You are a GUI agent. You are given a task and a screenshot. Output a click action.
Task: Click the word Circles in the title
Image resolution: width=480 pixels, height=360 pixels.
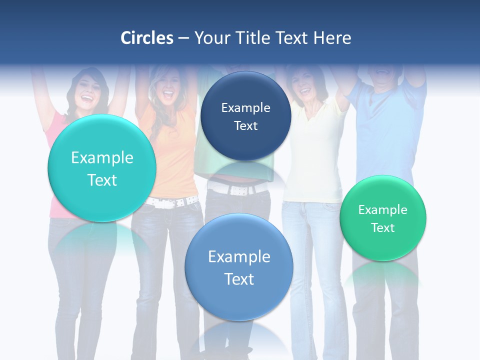(146, 38)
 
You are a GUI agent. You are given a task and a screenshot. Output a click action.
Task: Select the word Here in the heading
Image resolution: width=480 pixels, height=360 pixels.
(332, 38)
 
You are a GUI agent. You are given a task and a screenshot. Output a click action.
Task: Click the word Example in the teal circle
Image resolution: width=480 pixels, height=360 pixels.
(102, 158)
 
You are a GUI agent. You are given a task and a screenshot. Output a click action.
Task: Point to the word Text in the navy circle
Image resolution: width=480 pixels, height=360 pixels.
(245, 126)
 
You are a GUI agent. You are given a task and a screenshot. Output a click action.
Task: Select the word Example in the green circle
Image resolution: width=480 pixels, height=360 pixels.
(383, 210)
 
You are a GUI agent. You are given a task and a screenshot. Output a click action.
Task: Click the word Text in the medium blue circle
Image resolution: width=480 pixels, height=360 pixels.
(239, 279)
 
